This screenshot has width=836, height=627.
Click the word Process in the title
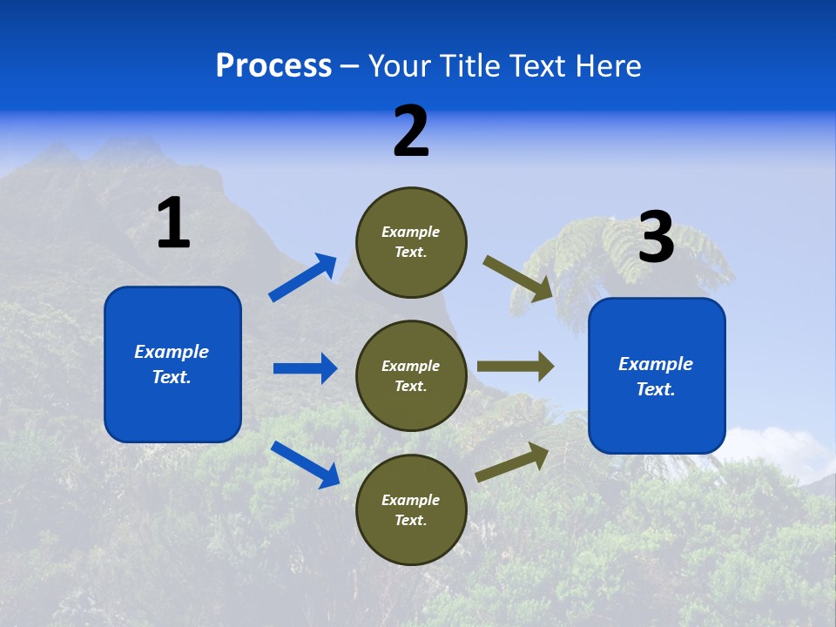coord(273,66)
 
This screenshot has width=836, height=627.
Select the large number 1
coord(173,223)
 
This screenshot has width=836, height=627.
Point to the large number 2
coord(411,131)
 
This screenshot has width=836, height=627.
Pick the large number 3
coord(656,237)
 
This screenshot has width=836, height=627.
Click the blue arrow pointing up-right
coord(303,278)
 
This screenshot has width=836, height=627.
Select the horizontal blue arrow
coord(305,368)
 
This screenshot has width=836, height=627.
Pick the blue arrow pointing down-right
coord(306,464)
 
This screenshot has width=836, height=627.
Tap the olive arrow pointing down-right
coord(519,278)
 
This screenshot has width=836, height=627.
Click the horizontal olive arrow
coord(516,367)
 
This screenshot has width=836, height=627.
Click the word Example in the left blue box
coord(172,352)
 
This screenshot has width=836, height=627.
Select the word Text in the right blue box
coord(655,389)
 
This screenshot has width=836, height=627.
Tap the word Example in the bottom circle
coord(411,500)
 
